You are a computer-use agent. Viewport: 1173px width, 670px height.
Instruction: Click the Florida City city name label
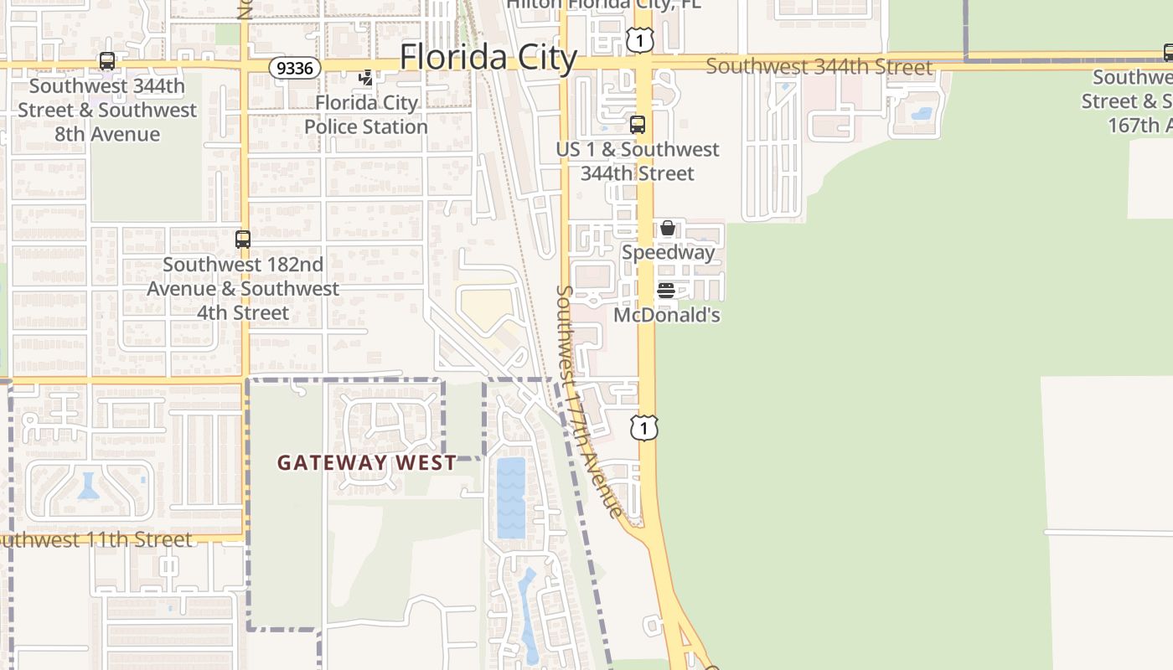tap(488, 58)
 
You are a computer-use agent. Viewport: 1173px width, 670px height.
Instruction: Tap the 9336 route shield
tap(295, 68)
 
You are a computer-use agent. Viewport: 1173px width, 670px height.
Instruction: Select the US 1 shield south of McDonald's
tap(643, 428)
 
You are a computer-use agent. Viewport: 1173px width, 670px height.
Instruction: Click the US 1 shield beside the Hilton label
tap(638, 39)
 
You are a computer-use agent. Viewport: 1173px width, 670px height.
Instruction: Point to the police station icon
tap(365, 79)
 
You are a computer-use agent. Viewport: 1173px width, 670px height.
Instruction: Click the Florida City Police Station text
tap(366, 115)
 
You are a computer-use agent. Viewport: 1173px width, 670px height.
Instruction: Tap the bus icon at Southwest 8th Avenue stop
tap(106, 61)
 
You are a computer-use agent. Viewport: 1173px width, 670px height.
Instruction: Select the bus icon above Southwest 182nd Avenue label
tap(242, 240)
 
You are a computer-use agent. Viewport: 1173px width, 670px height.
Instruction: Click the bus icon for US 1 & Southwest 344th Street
tap(637, 125)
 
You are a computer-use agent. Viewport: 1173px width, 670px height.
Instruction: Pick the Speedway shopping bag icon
tap(667, 228)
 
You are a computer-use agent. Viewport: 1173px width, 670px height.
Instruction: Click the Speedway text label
tap(668, 252)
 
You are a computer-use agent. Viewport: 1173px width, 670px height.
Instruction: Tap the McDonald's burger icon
tap(666, 291)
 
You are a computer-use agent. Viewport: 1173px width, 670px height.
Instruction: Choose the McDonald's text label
tap(667, 316)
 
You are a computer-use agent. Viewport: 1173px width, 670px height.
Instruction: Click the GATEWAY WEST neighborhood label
tap(367, 462)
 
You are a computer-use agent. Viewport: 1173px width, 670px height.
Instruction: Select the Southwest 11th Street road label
tap(96, 539)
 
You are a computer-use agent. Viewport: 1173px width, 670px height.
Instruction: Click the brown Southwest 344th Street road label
tap(819, 67)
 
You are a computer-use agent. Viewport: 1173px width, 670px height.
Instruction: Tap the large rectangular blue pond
tap(511, 497)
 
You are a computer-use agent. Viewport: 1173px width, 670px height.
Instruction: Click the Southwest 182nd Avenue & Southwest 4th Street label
tap(243, 288)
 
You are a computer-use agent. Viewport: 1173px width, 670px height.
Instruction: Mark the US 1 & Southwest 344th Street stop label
tap(637, 161)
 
